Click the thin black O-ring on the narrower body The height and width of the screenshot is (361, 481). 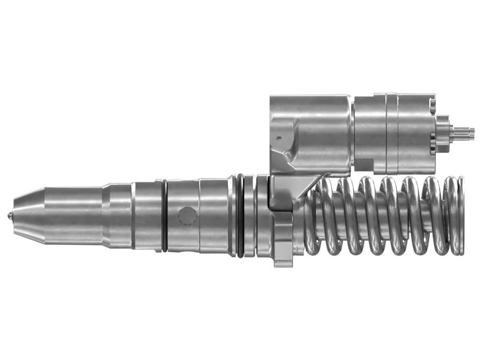coord(164,215)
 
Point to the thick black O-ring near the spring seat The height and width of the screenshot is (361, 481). coord(240,215)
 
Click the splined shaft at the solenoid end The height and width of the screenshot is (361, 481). coord(464,133)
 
